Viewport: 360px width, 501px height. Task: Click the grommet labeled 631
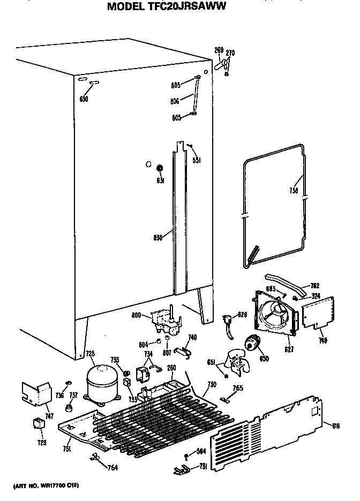(159, 169)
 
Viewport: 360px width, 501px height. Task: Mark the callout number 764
(111, 468)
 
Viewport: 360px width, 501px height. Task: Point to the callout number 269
(219, 50)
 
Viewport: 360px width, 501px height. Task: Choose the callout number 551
(197, 160)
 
